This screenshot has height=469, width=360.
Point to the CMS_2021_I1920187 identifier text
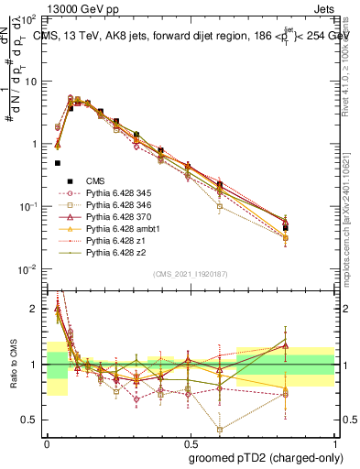coord(191,275)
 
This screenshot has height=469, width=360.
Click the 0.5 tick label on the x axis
coord(190,442)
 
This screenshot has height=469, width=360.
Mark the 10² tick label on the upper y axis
coord(30,18)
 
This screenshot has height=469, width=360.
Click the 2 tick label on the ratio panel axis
coord(35,309)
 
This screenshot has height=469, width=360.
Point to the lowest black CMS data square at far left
coord(58,163)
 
